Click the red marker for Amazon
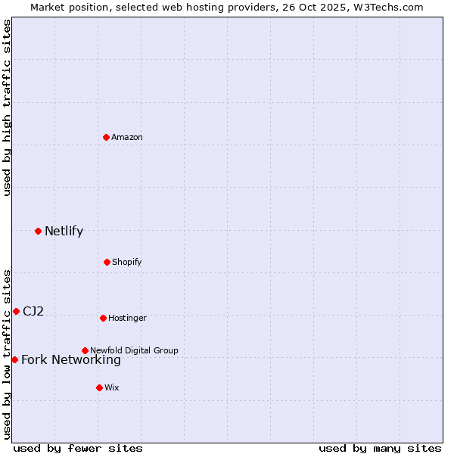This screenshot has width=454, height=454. coord(107,137)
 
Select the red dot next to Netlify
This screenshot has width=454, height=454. coord(38,231)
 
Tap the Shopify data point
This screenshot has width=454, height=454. coord(107,262)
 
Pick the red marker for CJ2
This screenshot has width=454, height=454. coord(16,311)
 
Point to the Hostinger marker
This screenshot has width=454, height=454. coord(103,318)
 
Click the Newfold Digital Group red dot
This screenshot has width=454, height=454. coord(85,350)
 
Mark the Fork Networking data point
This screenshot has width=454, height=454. coord(14,359)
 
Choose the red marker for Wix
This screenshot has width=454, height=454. coord(99,387)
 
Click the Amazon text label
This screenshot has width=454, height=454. coord(127,138)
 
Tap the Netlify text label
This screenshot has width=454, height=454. coord(64,232)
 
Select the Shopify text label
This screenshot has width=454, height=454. coord(127,263)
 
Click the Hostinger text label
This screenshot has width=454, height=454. coord(127,319)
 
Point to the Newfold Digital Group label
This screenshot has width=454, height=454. coord(134,350)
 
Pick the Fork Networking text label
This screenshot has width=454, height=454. coord(71,360)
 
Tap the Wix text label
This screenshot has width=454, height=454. coord(112,388)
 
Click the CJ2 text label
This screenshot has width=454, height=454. coord(33,312)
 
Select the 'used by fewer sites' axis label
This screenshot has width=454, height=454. coord(78,448)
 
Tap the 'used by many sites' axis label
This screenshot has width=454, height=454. coord(380,448)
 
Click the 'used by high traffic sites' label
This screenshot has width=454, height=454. coord(7,107)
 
